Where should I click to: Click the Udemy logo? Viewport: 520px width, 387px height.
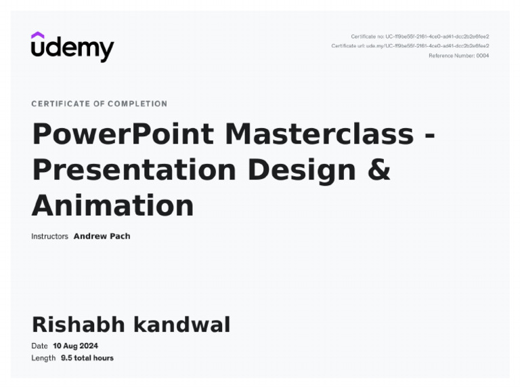tap(72, 47)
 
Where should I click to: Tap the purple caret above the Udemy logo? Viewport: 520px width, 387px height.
tap(38, 35)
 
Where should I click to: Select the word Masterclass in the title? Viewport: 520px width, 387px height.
tap(319, 134)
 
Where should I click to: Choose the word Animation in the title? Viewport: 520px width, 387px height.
tap(112, 205)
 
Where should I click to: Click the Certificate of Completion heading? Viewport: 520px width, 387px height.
tap(99, 104)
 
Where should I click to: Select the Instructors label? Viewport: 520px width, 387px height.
tap(49, 237)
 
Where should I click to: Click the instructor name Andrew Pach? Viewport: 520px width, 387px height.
tap(102, 237)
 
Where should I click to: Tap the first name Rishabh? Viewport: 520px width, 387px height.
tap(79, 325)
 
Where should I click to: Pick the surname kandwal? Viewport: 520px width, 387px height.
tap(181, 325)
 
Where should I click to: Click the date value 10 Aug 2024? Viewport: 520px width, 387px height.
tap(75, 346)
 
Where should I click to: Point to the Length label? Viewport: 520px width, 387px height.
tap(43, 358)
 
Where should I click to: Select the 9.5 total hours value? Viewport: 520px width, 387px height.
tap(87, 358)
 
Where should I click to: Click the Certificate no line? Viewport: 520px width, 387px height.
tap(420, 37)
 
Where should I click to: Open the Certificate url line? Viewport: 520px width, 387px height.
tap(410, 46)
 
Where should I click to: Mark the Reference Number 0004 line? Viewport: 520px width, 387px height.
tap(458, 56)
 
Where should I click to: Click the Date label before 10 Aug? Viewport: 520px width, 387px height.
tap(39, 346)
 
